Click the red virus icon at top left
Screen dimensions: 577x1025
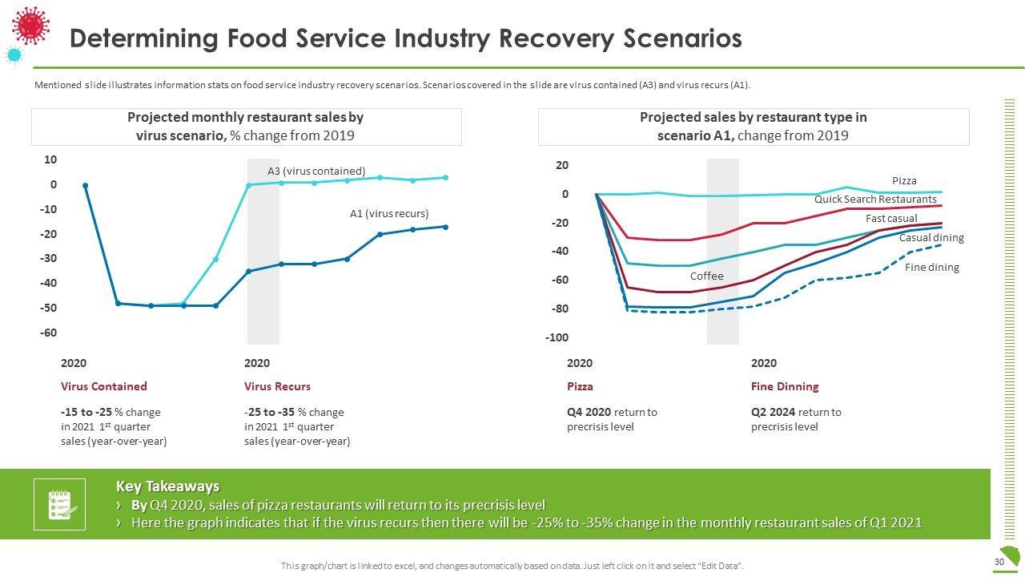pos(31,24)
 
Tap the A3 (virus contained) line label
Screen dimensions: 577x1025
pos(316,171)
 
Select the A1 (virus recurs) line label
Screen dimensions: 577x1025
pos(389,214)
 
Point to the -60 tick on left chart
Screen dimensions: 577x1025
pos(50,333)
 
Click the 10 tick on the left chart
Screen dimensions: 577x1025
pos(50,159)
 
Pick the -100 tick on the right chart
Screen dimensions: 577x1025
pos(557,337)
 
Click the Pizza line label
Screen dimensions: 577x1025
pos(904,181)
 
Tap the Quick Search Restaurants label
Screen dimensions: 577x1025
pos(875,199)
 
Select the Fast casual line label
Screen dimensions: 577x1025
pos(891,219)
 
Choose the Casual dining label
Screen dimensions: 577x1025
pos(931,238)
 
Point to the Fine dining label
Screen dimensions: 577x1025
pos(931,267)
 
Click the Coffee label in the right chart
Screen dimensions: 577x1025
pos(706,276)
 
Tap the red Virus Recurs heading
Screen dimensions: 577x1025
pos(277,386)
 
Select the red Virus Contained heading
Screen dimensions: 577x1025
pos(104,386)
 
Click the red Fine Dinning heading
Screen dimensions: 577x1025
pos(785,386)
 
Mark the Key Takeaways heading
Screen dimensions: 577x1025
pos(167,486)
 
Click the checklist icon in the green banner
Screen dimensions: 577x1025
pos(59,504)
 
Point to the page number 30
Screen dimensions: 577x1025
pos(999,563)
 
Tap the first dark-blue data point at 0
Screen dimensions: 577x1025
pos(86,185)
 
